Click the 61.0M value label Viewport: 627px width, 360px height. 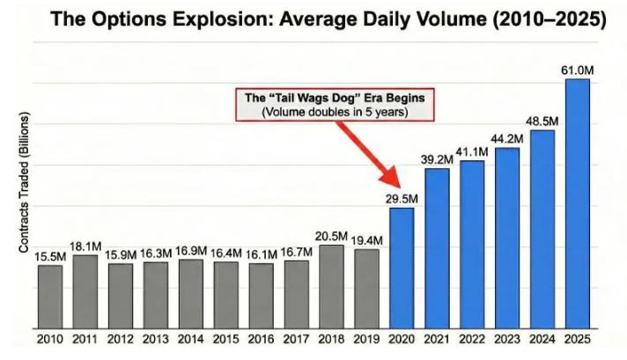(x=576, y=69)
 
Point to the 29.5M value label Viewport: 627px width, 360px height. (x=402, y=197)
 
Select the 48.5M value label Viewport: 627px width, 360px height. (x=542, y=120)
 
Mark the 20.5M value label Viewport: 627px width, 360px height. (x=331, y=235)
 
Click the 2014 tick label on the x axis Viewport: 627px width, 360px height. (x=191, y=337)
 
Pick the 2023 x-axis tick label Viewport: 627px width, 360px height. (x=507, y=337)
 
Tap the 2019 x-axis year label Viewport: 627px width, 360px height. (x=366, y=337)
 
